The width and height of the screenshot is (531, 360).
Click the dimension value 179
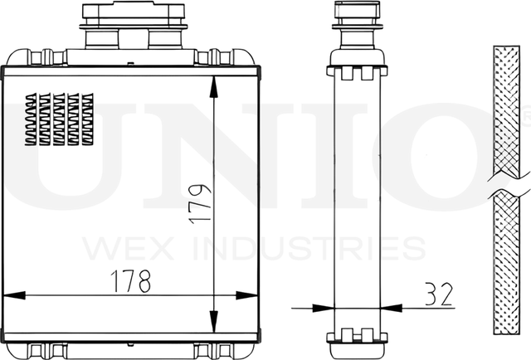coord(200,204)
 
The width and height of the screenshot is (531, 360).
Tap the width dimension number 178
coord(131,281)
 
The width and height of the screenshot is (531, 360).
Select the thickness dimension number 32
coord(439,294)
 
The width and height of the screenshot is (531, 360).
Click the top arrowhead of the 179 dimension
coord(213,87)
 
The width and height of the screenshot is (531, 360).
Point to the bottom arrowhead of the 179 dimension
coord(213,322)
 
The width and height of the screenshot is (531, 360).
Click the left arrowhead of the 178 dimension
coord(14,295)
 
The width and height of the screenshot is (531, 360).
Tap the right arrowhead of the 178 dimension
coord(246,295)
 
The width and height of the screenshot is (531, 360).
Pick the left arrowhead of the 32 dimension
coord(323,309)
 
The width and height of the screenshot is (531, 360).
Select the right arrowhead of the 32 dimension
coord(392,309)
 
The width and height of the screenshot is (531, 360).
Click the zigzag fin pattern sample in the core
coord(59,119)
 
